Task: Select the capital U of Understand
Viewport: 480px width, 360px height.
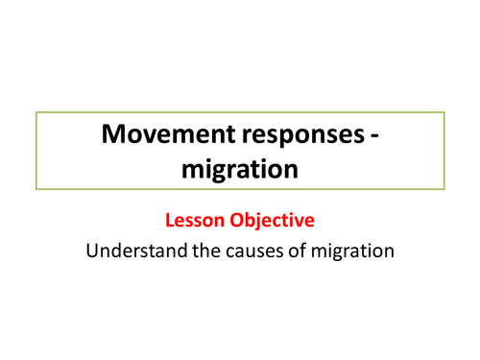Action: (x=91, y=252)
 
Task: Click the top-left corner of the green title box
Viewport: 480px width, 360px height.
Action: (x=36, y=112)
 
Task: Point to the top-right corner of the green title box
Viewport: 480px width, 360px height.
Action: (x=444, y=112)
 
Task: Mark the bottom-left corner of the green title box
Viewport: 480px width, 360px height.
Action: (x=36, y=190)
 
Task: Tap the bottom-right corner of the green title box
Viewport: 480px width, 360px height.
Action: (x=444, y=190)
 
